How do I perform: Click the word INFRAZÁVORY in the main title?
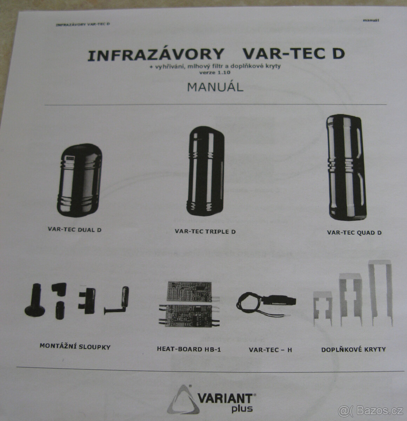pos(156,54)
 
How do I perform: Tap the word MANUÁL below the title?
pos(215,87)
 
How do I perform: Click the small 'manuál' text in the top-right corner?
pos(371,20)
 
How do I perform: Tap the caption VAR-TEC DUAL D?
pos(75,230)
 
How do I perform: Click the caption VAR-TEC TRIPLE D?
pos(205,232)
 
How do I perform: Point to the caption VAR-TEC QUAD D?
pos(354,232)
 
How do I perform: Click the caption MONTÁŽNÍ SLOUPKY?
pos(75,347)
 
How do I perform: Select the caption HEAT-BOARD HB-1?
pos(189,349)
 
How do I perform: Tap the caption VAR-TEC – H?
pos(270,349)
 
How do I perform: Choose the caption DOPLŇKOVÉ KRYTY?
pos(353,349)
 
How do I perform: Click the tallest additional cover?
pos(380,293)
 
